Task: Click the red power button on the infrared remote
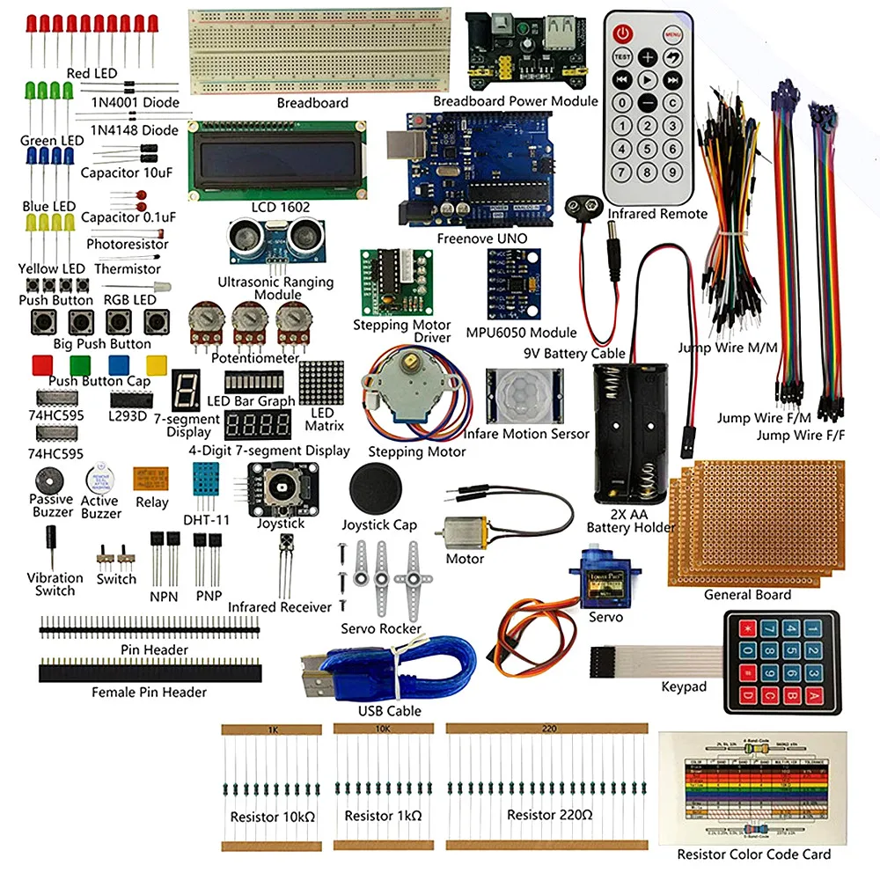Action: coord(623,34)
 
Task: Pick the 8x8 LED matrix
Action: coord(320,382)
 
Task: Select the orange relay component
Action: coord(151,479)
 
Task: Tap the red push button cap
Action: coord(41,364)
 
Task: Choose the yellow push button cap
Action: coord(158,364)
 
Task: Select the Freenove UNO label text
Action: coord(481,238)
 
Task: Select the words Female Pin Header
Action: coord(149,693)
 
